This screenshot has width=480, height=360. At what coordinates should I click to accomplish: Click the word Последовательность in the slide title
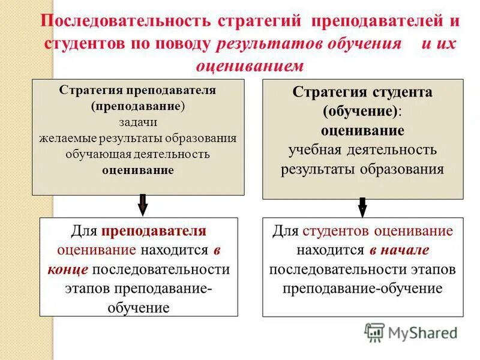tap(124, 22)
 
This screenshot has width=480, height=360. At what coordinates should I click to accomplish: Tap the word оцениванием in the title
tap(250, 65)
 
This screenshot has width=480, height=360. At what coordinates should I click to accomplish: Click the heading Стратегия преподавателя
tap(137, 91)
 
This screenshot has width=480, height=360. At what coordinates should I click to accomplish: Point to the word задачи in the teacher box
tap(137, 122)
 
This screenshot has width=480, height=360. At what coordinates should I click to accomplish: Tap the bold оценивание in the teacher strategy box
tap(137, 170)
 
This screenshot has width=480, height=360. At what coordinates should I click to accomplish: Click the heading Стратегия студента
tap(362, 93)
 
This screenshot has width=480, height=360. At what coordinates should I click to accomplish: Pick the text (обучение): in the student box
tap(362, 112)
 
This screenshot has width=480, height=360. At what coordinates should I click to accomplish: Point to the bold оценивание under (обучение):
tap(362, 130)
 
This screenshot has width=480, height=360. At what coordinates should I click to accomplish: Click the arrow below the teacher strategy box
tap(143, 205)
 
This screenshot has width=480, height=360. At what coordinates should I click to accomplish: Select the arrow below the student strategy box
tap(362, 206)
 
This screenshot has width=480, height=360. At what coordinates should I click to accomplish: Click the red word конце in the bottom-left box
tap(68, 269)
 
